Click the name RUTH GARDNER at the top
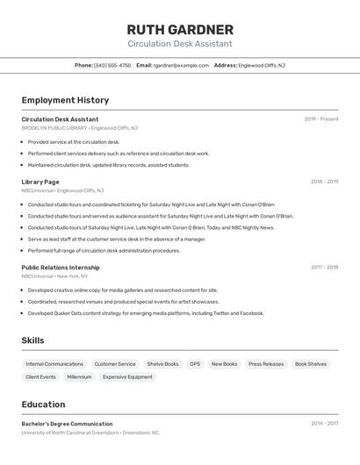[x=180, y=29]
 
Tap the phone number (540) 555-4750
[x=112, y=65]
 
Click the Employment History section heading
[x=65, y=100]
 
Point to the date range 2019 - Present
[x=321, y=119]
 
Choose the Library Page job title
[x=40, y=182]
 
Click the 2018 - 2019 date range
[x=324, y=182]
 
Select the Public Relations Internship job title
[x=61, y=268]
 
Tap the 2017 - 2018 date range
[x=324, y=268]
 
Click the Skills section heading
[x=32, y=340]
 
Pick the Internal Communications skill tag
[x=54, y=364]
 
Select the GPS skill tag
[x=195, y=364]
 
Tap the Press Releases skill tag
[x=266, y=364]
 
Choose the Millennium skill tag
[x=79, y=377]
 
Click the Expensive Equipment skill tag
[x=127, y=377]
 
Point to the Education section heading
[x=43, y=404]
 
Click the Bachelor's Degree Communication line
[x=67, y=424]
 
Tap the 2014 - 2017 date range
[x=324, y=424]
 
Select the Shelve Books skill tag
[x=162, y=364]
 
